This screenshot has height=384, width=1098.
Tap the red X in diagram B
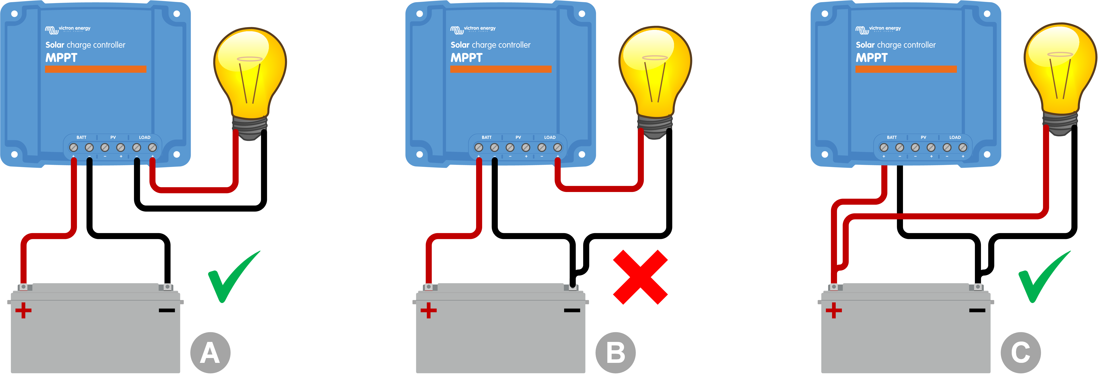pos(640,277)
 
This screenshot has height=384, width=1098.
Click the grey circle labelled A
pos(210,353)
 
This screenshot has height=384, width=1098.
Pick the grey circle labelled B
pos(615,353)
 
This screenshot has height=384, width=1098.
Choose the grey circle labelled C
pos(1021,353)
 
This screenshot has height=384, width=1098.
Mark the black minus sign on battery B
pos(572,310)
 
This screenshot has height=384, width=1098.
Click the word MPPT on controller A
pos(61,58)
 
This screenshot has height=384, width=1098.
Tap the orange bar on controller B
pos(501,69)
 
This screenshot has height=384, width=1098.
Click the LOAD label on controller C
pos(955,137)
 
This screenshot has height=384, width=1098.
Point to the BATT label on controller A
pos(81,137)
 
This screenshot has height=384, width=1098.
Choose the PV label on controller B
pos(518,137)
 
